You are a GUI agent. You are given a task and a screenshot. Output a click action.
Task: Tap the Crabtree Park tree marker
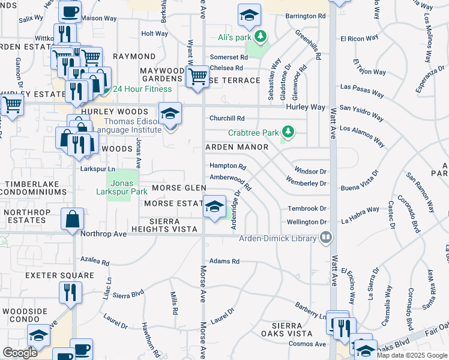coord(288,131)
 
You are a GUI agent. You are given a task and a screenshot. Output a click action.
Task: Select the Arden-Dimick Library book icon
coord(326,238)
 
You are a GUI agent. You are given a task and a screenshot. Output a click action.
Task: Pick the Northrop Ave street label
coord(104,233)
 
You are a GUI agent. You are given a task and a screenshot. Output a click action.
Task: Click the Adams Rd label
coord(224,262)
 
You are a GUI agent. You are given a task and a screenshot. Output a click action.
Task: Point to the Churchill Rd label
coord(227,118)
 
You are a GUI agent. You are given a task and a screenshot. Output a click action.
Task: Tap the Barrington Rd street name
coord(306,16)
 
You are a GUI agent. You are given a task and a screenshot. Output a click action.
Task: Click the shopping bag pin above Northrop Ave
coord(72,220)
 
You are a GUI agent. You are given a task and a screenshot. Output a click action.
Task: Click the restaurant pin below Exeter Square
coord(70,294)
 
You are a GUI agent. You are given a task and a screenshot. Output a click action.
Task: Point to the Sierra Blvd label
coord(128,295)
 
